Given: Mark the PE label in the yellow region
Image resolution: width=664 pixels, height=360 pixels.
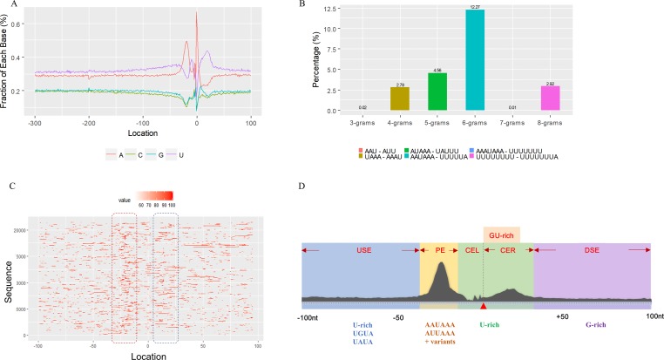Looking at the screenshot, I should tap(440, 250).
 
